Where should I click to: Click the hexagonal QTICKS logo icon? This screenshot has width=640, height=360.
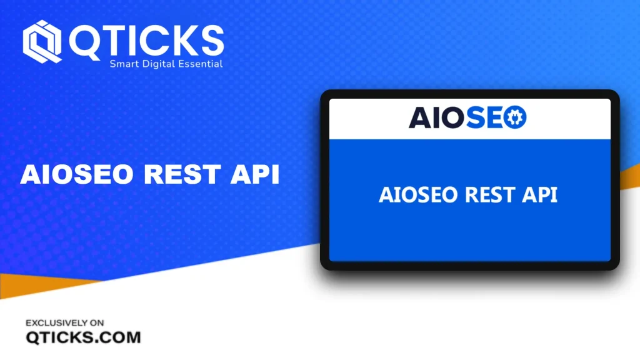pos(42,42)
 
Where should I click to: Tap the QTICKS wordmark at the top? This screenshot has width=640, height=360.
pos(146,41)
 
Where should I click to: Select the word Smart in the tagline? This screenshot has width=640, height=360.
pos(124,64)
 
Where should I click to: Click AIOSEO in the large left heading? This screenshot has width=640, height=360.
pos(77,174)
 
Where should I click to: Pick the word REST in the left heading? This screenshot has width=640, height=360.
pos(182,174)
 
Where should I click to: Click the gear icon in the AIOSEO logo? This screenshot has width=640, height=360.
pos(515,117)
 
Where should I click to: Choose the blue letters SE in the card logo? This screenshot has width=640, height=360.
pos(484,117)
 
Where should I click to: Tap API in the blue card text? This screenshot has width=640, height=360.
pos(539,195)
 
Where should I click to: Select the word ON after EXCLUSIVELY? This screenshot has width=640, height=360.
pos(97,323)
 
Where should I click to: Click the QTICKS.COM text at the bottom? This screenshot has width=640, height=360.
pos(83,337)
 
